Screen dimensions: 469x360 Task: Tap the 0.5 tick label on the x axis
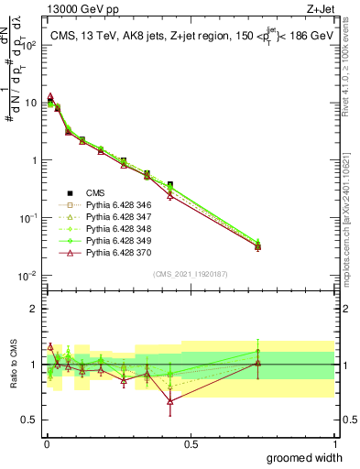pyautogui.click(x=191, y=443)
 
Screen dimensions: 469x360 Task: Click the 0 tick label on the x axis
pyautogui.click(x=47, y=443)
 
